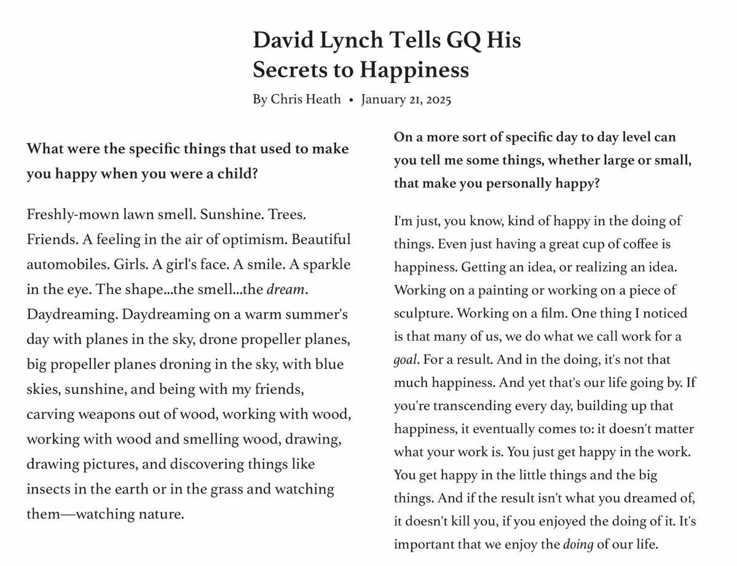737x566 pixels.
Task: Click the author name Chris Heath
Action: (305, 99)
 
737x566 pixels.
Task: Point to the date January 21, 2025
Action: (406, 99)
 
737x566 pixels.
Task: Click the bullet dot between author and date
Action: (350, 100)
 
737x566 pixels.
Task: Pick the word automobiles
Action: (66, 264)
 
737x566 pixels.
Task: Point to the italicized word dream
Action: (286, 289)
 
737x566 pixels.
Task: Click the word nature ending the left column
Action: (160, 513)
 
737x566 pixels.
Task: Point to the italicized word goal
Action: (406, 359)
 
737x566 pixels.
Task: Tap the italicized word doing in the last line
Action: (578, 544)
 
